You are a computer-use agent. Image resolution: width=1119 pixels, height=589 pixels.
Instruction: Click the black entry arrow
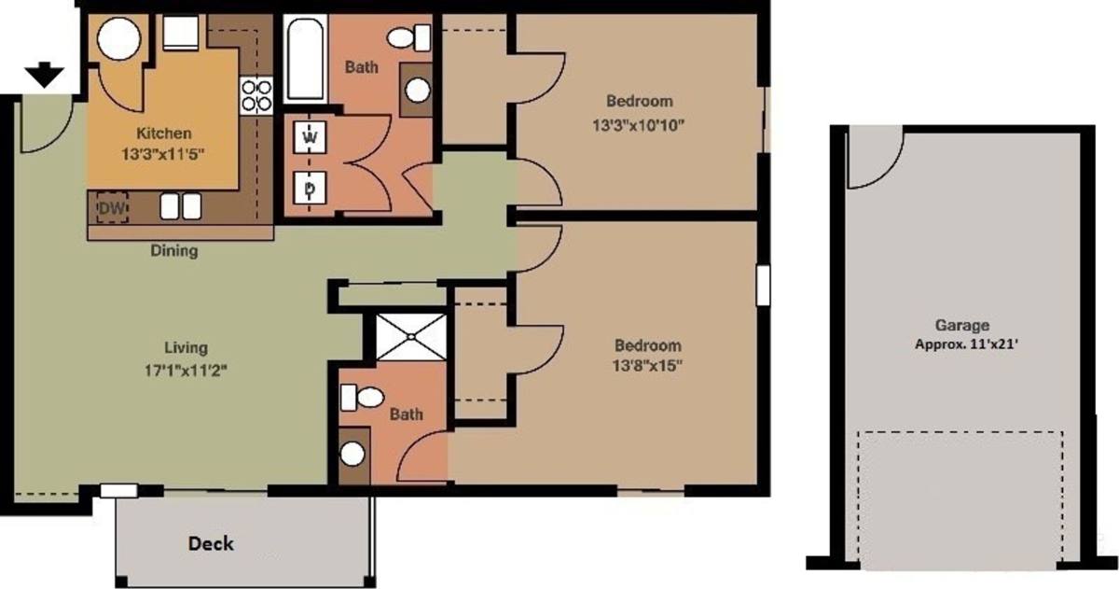45,75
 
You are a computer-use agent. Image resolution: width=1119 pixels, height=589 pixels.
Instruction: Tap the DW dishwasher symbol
112,207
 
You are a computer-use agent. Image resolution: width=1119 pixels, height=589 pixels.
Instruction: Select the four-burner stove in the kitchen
256,96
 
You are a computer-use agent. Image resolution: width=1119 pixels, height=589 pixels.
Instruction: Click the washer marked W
311,136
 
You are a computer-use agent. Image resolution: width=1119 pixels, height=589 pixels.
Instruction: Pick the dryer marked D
311,188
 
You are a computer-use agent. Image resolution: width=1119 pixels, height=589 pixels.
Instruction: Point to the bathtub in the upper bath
305,59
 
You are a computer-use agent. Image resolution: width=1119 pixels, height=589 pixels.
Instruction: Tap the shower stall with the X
410,336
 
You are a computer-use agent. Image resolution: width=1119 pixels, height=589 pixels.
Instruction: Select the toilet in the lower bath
362,398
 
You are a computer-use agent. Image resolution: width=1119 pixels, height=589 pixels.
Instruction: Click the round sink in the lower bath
352,454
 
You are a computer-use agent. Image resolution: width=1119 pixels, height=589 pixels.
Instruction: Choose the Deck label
211,543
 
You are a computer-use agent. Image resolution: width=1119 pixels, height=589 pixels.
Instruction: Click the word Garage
962,326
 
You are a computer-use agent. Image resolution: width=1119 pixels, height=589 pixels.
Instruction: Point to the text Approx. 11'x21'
966,344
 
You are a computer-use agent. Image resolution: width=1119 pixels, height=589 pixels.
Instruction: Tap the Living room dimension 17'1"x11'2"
186,371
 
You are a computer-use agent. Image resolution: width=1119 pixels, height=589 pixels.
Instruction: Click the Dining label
174,250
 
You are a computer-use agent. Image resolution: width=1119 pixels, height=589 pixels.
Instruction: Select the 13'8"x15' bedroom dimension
647,366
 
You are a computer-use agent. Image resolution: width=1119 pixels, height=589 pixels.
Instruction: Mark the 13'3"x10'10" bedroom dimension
638,125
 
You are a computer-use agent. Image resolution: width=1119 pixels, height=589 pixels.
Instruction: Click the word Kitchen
164,133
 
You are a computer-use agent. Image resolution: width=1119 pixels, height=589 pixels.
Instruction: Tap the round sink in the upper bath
417,91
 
